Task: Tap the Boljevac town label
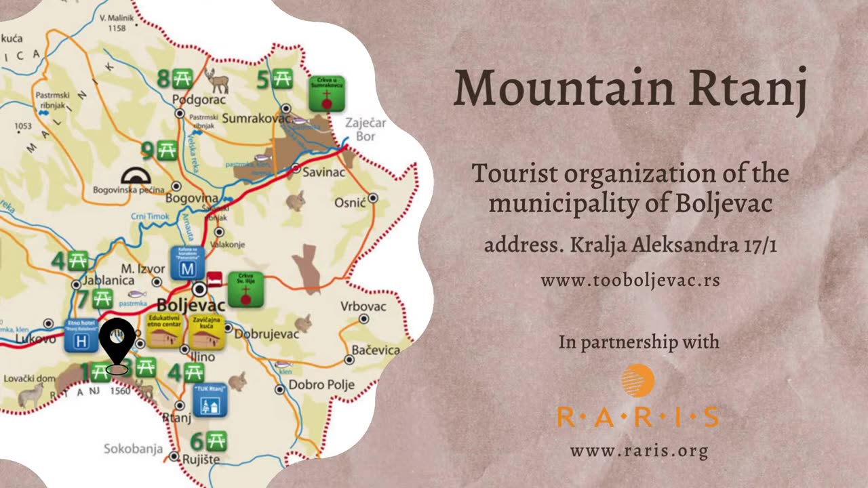click(191, 305)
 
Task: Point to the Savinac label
click(323, 172)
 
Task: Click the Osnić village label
click(350, 203)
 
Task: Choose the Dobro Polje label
click(321, 385)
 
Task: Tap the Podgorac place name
click(198, 100)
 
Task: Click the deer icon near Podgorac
click(217, 81)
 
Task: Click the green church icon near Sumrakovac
click(327, 94)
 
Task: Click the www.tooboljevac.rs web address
click(630, 281)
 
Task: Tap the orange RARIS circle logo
click(637, 381)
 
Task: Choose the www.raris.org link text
click(638, 451)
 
